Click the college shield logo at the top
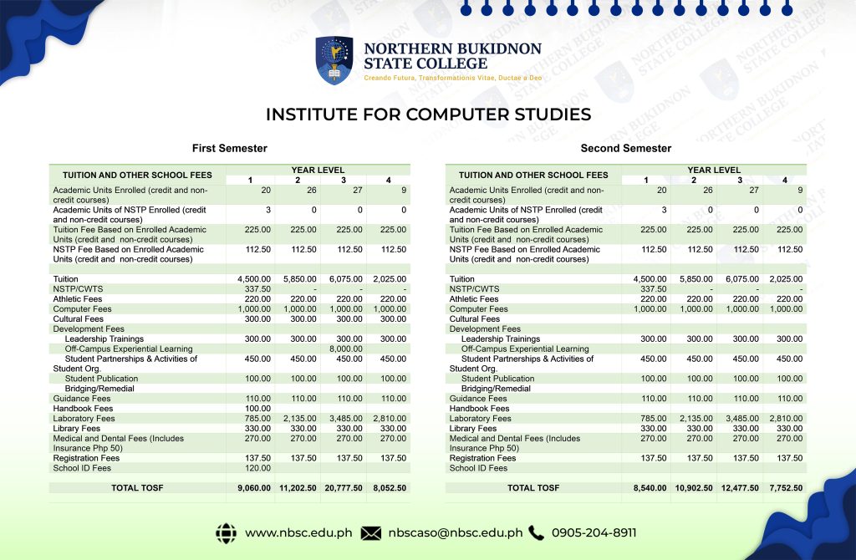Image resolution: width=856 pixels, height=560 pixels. coord(334,60)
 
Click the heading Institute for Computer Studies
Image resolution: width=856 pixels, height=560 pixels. coord(428,115)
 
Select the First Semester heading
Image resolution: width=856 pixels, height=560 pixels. coord(230,148)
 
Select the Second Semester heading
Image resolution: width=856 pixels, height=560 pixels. coord(626,148)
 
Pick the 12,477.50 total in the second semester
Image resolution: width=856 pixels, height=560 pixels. coord(740,487)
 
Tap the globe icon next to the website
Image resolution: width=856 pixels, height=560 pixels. coord(226,532)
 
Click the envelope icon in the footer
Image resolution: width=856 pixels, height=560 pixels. coord(371,532)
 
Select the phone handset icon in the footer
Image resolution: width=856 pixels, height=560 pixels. coord(536,532)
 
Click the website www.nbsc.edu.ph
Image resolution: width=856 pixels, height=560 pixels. coord(296,532)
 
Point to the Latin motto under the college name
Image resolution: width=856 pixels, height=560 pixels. coord(452,78)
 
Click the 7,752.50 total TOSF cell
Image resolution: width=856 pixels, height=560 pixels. coord(785,487)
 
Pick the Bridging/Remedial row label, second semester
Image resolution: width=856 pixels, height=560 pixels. coord(496,389)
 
